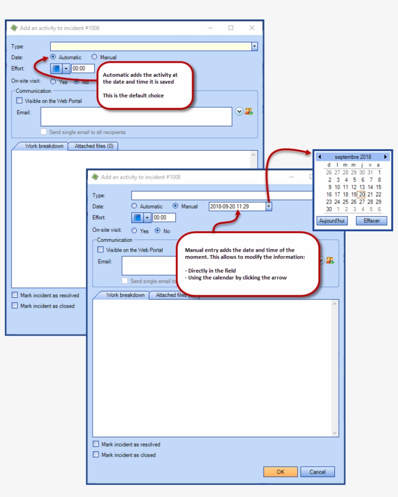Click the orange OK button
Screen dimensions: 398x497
pos(280,472)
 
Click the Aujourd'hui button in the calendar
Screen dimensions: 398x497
pos(332,221)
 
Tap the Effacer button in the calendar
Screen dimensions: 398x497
pos(371,221)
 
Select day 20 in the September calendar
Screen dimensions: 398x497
pos(362,194)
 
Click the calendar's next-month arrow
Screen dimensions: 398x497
pos(385,156)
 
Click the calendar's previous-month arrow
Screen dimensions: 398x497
pos(319,156)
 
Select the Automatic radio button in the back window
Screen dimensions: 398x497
pos(53,57)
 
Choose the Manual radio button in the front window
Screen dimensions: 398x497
pos(175,206)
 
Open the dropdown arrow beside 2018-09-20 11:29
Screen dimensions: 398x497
pos(268,206)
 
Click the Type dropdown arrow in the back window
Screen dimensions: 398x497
pos(254,46)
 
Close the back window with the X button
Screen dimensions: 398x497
pos(252,28)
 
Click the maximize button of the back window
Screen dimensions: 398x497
pos(231,28)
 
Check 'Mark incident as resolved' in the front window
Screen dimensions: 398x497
pos(96,444)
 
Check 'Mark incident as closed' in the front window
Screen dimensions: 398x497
pos(96,455)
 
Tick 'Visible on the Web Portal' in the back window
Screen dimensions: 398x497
pos(19,101)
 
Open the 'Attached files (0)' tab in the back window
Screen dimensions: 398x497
pos(94,146)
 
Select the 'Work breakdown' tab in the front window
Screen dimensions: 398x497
pos(125,295)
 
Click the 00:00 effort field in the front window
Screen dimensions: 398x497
pos(164,218)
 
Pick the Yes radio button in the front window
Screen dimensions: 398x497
pos(134,231)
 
